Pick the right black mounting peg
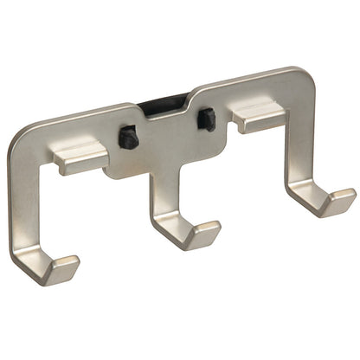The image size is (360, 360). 208,119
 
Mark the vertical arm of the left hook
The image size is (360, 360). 22,208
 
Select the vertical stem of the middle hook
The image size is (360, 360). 161,199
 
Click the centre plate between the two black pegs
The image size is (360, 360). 170,138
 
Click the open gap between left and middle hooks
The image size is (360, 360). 95,225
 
